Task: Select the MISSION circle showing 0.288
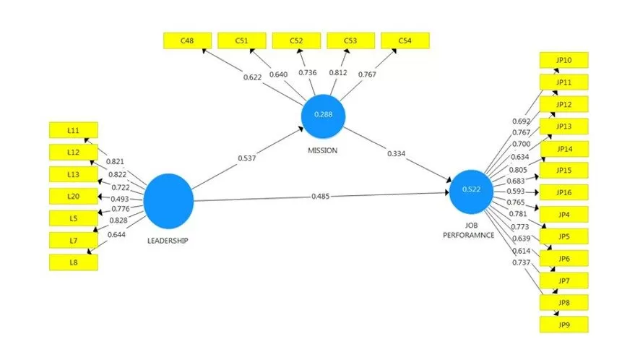[322, 116]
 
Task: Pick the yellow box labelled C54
[405, 41]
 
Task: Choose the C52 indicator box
[296, 41]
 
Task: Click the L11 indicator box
[73, 130]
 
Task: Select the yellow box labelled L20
[73, 196]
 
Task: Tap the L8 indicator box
[73, 262]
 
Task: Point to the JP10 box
[564, 60]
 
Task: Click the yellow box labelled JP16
[564, 192]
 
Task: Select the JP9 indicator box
[564, 325]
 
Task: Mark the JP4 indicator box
[564, 214]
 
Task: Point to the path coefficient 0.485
[322, 196]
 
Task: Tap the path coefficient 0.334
[397, 153]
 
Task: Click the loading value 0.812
[337, 74]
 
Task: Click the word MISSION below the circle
[322, 150]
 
